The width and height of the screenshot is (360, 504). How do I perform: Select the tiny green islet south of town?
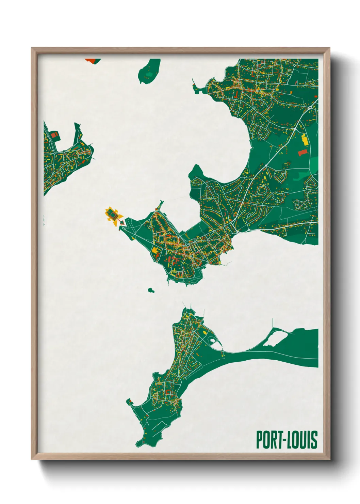(151, 290)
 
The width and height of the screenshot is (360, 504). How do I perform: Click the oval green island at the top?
(150, 72)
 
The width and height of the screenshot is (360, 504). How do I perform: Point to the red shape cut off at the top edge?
(91, 61)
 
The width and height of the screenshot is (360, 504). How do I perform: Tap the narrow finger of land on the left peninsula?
(78, 133)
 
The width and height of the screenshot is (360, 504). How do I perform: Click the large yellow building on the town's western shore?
(155, 250)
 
